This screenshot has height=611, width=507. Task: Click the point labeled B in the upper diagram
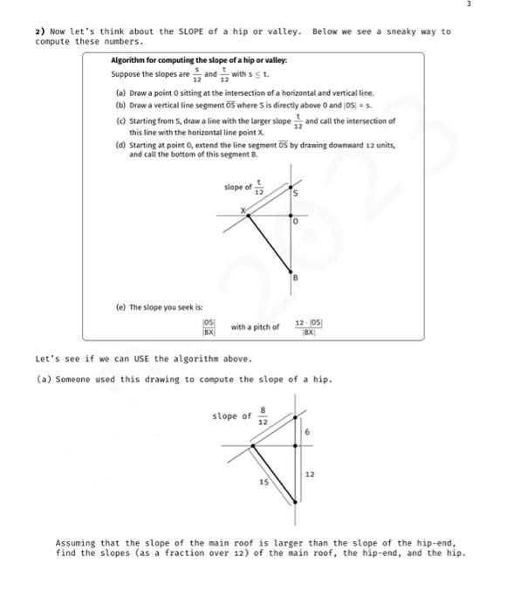295,278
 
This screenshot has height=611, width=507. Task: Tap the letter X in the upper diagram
244,208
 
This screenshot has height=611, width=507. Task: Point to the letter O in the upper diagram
297,223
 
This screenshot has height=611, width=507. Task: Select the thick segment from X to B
269,242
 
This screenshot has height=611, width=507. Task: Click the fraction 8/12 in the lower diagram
263,418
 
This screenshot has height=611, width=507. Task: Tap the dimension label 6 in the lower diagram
308,433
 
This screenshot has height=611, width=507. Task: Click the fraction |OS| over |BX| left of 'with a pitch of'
209,327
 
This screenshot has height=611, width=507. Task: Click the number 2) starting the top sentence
39,31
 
